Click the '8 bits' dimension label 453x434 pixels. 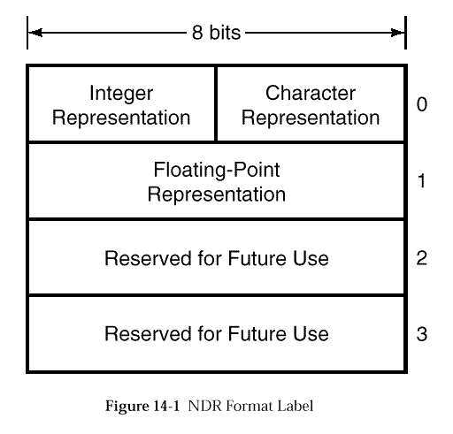pyautogui.click(x=216, y=32)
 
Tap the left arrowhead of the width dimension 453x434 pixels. pyautogui.click(x=35, y=33)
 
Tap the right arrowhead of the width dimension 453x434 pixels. pyautogui.click(x=397, y=33)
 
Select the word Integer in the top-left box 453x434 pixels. pyautogui.click(x=121, y=94)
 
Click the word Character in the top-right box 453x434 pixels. pyautogui.click(x=311, y=93)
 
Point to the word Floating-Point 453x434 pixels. pyautogui.click(x=217, y=171)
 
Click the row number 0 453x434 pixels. pyautogui.click(x=422, y=104)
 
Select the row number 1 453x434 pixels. pyautogui.click(x=422, y=180)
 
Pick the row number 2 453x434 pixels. pyautogui.click(x=422, y=258)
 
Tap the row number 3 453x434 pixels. pyautogui.click(x=422, y=334)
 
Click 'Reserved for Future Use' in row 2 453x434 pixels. pyautogui.click(x=217, y=258)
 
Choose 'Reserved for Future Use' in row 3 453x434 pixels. pyautogui.click(x=217, y=333)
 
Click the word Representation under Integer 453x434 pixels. pyautogui.click(x=121, y=118)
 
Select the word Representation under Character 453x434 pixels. pyautogui.click(x=311, y=118)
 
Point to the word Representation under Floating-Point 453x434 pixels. pyautogui.click(x=217, y=194)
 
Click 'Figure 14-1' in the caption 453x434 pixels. pyautogui.click(x=142, y=406)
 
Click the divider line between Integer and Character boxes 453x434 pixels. pyautogui.click(x=216, y=104)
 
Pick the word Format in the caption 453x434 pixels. pyautogui.click(x=250, y=406)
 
